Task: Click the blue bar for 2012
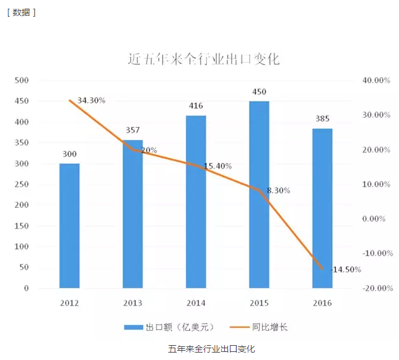point(69,226)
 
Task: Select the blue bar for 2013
point(133,214)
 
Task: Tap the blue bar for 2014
point(196,201)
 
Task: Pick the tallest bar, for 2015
point(259,195)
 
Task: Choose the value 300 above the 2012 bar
point(69,154)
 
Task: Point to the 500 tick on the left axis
point(22,81)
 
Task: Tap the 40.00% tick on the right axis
point(375,81)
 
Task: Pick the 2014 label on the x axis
point(196,303)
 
